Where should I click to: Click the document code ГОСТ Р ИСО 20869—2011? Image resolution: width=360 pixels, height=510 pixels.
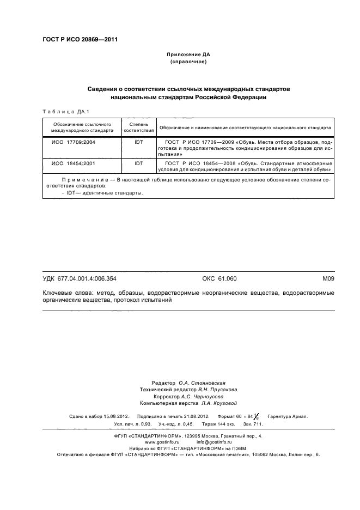80,40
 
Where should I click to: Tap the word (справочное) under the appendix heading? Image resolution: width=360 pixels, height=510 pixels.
188,63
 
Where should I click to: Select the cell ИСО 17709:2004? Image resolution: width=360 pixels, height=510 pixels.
74,142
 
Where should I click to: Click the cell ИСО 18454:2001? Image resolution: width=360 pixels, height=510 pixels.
74,163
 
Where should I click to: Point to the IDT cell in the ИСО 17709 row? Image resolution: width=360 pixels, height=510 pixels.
139,142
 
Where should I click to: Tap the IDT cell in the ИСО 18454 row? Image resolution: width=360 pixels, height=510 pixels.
139,163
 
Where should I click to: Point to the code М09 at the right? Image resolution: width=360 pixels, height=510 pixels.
327,279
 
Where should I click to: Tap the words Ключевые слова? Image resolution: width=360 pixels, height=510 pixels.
66,293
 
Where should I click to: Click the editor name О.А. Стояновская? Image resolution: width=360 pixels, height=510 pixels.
202,384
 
